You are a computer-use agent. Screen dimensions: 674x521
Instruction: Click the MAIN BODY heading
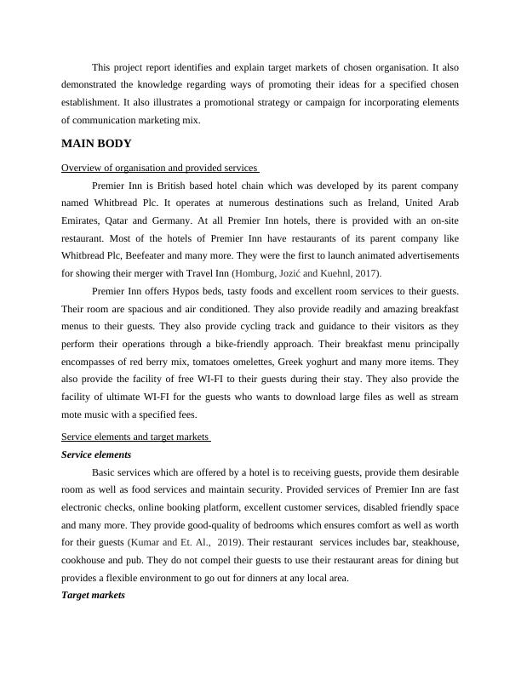[97, 144]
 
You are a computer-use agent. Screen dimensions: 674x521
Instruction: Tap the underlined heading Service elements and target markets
[136, 437]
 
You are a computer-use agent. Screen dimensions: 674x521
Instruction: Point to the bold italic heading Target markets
[94, 596]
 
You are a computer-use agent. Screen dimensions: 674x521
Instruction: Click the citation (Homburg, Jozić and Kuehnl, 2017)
[307, 273]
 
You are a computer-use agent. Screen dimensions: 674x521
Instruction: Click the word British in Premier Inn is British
[174, 185]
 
